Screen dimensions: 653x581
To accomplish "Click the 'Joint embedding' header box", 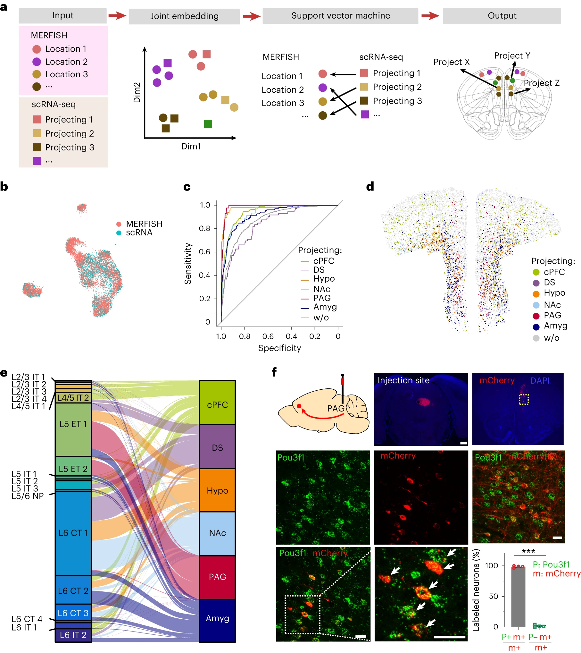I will pos(184,16).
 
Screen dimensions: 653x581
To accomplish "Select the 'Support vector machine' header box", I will pos(340,16).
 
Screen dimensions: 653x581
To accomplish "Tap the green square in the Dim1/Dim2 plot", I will pos(208,124).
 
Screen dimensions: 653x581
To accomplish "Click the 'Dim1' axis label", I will pos(191,147).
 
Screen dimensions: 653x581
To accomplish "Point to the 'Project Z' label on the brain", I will pos(542,83).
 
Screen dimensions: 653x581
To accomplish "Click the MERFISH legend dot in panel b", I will pos(119,224).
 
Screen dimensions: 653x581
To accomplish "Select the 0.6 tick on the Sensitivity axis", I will pos(204,252).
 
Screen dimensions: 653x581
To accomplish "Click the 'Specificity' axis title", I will pos(279,348).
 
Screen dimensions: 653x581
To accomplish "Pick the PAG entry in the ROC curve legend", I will pos(322,298).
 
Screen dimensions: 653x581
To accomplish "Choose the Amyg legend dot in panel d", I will pos(536,327).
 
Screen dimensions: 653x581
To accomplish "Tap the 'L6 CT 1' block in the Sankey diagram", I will pos(73,533).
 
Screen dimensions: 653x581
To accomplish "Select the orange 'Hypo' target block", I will pos(217,490).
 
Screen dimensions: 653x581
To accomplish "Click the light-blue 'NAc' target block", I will pos(217,533).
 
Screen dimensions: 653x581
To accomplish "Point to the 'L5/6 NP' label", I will pos(28,496).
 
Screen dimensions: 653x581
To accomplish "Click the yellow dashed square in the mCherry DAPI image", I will pos(524,399).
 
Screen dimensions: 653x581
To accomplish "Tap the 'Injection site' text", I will pos(403,380).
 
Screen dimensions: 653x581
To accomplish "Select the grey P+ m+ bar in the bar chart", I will pos(518,597).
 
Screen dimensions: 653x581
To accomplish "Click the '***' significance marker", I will pos(528,551).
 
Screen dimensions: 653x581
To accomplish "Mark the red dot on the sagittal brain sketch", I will pos(299,406).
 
